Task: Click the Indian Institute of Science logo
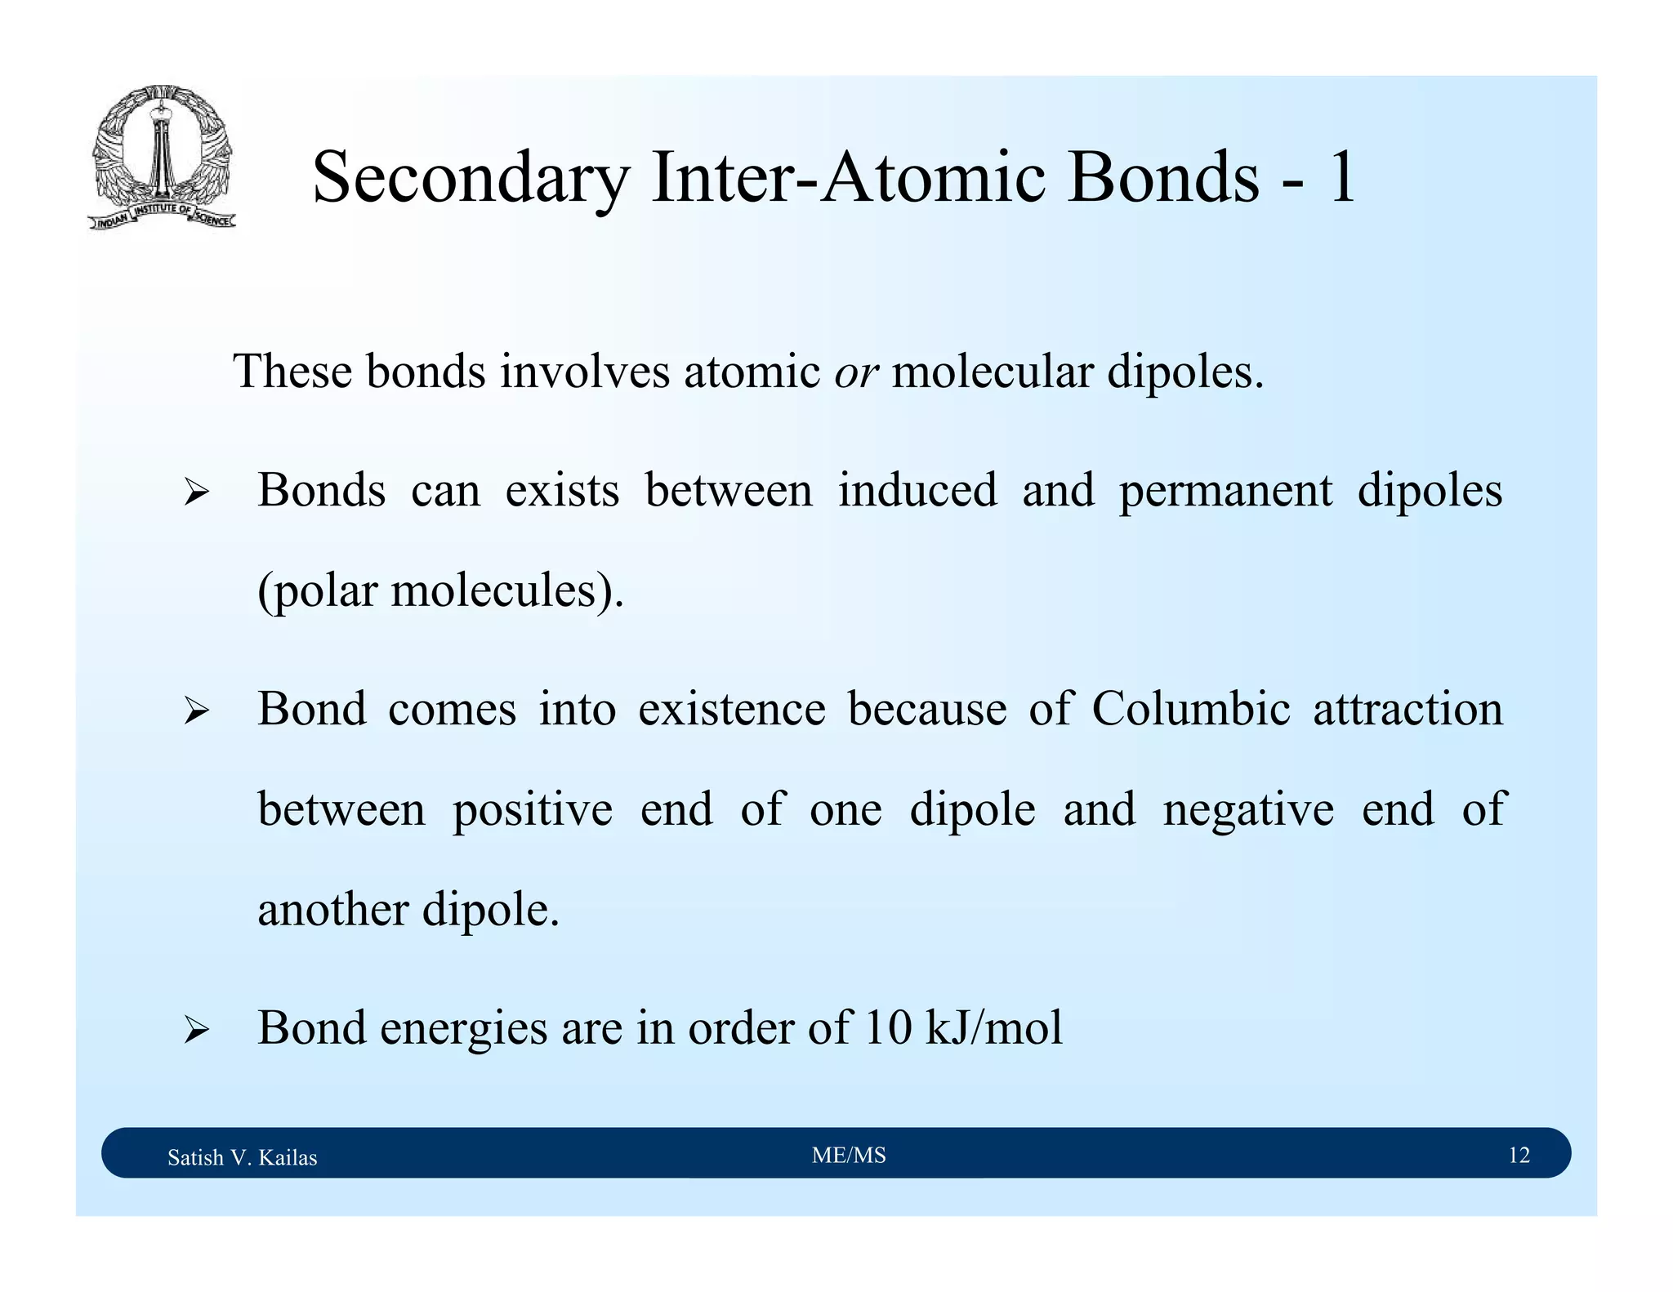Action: [162, 157]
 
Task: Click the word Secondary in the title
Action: [471, 178]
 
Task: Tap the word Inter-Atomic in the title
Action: [849, 178]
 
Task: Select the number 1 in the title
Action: [1342, 178]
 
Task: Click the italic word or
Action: [855, 372]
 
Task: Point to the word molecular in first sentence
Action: [992, 372]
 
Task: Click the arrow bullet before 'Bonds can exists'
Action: [196, 492]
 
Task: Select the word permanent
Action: [1225, 491]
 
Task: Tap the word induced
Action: [917, 491]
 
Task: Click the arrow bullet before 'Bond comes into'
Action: [196, 711]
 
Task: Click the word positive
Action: [532, 810]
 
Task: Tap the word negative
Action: [1248, 810]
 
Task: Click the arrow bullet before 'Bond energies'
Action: [196, 1030]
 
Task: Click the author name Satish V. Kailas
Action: [242, 1157]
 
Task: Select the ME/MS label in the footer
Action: [849, 1155]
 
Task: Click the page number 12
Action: [1519, 1155]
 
